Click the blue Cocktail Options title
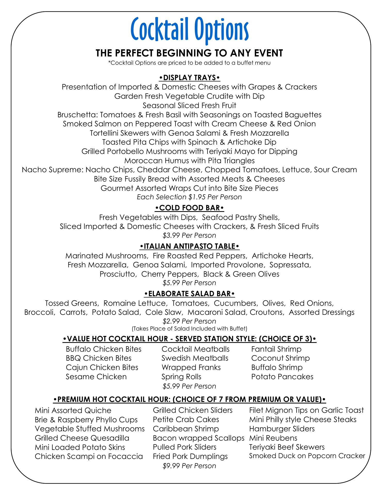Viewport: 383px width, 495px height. pos(190,30)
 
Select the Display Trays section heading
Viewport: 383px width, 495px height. pos(189,78)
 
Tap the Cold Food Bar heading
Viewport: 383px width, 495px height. pos(189,208)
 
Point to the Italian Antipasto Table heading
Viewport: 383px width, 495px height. pos(189,246)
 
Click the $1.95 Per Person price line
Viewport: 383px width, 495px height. pos(189,197)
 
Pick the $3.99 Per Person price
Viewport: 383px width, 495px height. pos(189,235)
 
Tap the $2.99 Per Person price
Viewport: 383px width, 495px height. pos(189,321)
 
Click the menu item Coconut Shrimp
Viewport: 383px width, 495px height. pos(280,358)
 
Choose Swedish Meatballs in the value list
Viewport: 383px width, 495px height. pos(195,358)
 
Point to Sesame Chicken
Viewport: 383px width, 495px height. pos(96,377)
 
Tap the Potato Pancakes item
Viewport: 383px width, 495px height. pos(282,377)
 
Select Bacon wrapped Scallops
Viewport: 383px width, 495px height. pos(198,438)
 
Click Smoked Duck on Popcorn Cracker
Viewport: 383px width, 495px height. pos(307,456)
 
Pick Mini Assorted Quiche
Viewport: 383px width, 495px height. pos(73,410)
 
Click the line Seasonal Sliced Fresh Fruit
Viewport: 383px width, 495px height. pos(189,105)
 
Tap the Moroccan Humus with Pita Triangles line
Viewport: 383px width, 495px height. pos(189,161)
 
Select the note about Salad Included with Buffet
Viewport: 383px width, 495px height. pos(189,329)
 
